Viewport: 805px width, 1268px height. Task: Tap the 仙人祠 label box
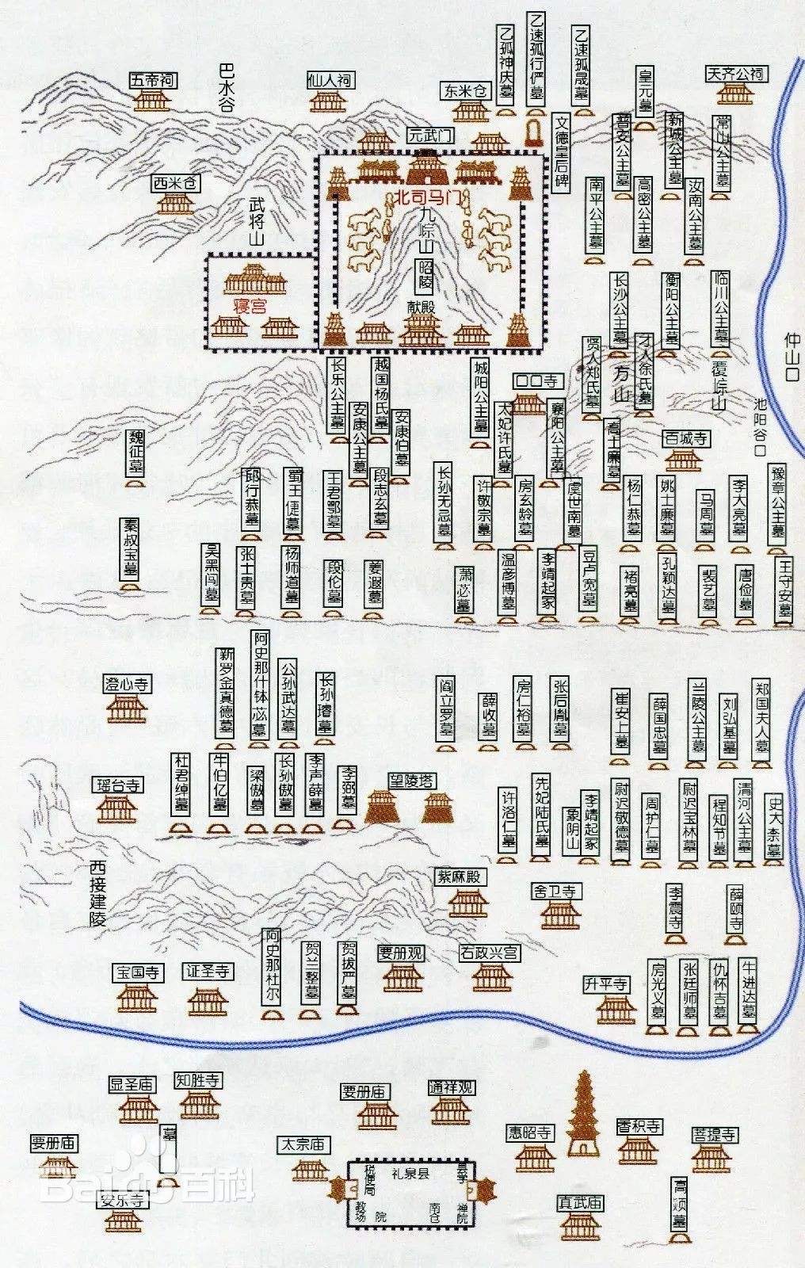(329, 80)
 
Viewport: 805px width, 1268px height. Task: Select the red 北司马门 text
(427, 195)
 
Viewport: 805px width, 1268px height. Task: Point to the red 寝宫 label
(248, 307)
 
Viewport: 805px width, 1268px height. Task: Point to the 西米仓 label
(177, 184)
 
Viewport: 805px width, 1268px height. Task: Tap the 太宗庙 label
(303, 1144)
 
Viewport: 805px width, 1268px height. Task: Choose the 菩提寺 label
(714, 1135)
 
